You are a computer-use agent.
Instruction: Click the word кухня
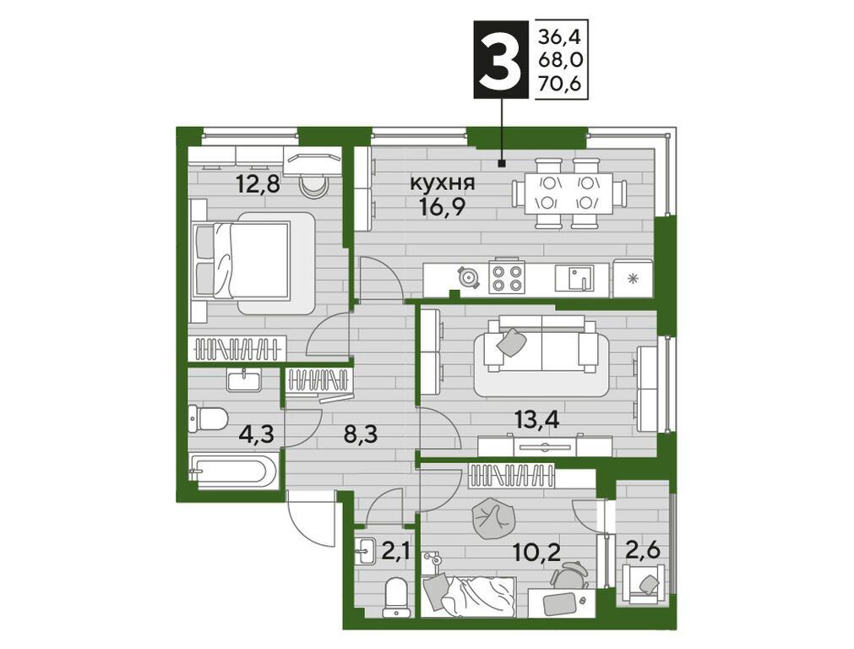(442, 183)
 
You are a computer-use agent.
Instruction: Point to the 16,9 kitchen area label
(442, 207)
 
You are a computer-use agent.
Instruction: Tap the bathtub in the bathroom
(234, 472)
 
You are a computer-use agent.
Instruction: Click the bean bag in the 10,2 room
(487, 516)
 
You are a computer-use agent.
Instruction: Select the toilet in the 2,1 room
(394, 594)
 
